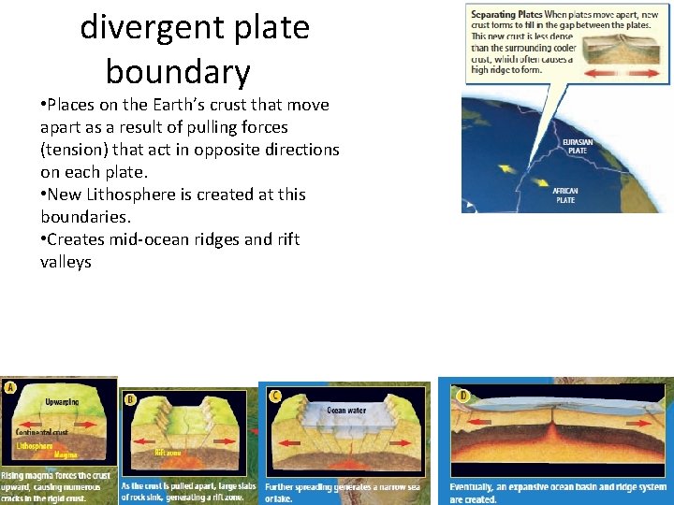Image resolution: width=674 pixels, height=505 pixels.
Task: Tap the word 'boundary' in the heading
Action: pyautogui.click(x=178, y=71)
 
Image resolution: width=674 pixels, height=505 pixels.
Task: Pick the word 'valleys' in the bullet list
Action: pyautogui.click(x=66, y=262)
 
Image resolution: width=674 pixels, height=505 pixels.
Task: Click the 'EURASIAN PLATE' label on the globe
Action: pyautogui.click(x=576, y=147)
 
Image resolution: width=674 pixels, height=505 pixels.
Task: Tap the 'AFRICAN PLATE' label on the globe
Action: pyautogui.click(x=565, y=195)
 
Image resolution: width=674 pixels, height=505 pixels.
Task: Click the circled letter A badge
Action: pyautogui.click(x=10, y=387)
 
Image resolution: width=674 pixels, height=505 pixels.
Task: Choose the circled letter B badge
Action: pyautogui.click(x=130, y=397)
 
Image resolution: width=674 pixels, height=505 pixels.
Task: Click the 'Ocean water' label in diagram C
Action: pyautogui.click(x=346, y=410)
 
